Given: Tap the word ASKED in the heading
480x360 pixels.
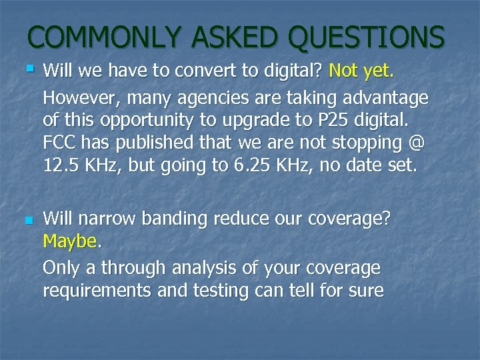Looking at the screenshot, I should click(231, 37).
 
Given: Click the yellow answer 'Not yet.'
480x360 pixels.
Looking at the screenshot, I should click(361, 71).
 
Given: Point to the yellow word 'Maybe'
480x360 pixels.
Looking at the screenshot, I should click(69, 241).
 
